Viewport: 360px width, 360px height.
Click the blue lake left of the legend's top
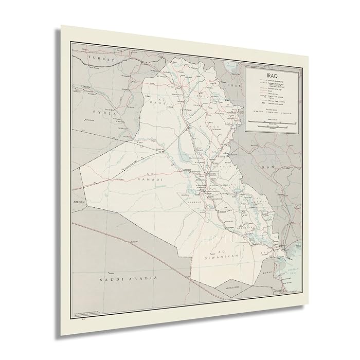pos(233,67)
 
